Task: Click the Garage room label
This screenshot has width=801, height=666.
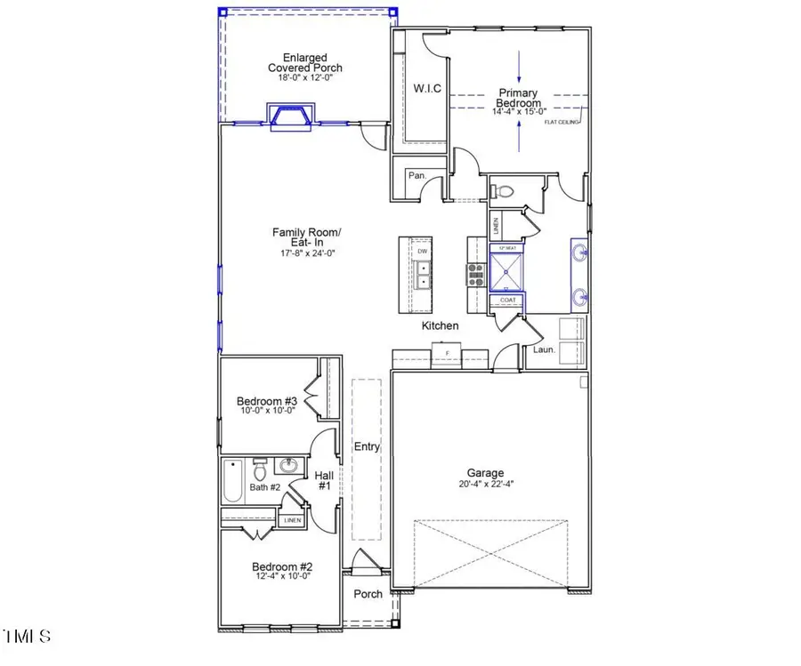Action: (487, 473)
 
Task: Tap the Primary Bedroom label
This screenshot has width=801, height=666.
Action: (519, 98)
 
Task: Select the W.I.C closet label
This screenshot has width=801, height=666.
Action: (427, 88)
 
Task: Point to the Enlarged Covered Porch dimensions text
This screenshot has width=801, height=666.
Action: (305, 78)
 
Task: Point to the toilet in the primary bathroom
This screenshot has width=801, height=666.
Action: (505, 189)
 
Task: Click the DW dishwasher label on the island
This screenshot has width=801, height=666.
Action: (423, 252)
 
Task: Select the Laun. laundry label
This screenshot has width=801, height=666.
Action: (545, 349)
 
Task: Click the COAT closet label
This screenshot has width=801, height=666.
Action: (507, 301)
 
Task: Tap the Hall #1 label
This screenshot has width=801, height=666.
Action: (323, 481)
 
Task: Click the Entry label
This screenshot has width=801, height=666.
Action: (367, 447)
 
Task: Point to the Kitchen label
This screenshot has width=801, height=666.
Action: (440, 326)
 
